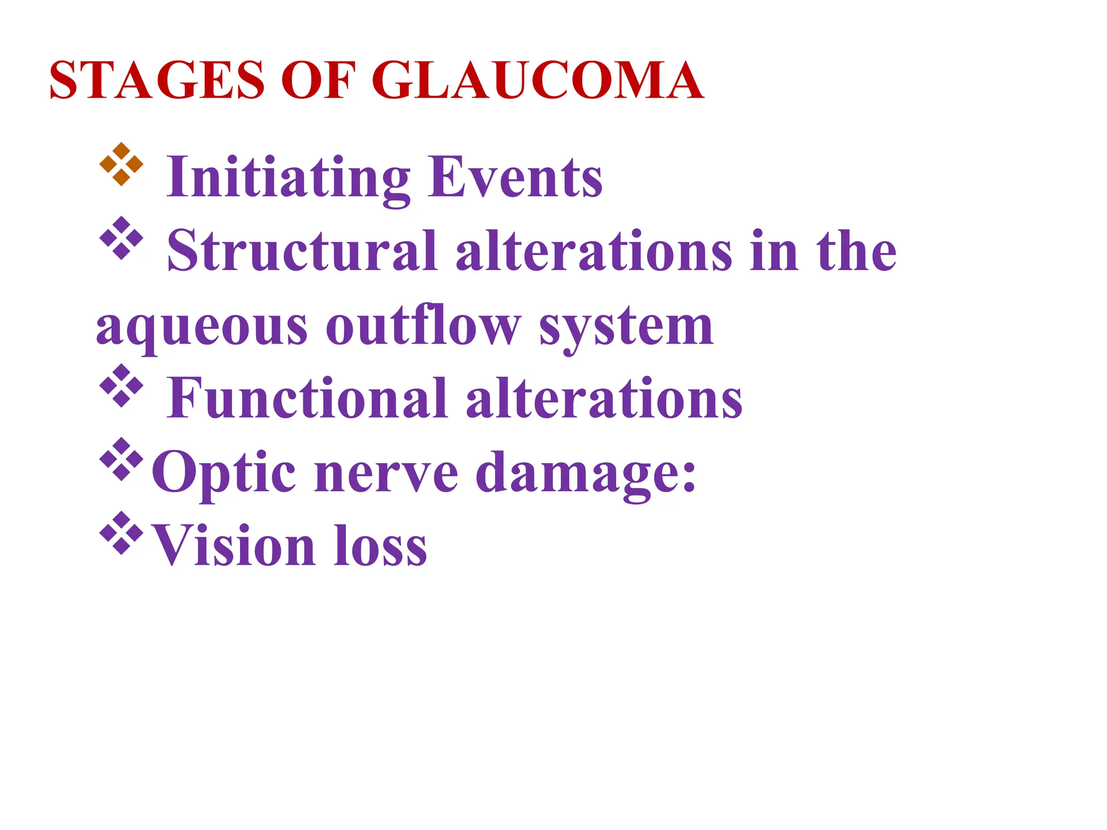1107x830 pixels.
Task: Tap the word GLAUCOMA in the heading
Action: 537,81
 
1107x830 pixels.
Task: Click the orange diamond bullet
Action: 122,164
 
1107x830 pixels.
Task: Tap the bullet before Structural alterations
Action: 122,238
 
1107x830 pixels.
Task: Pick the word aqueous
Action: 201,326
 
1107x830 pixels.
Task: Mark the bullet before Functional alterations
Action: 122,385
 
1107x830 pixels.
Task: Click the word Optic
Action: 223,473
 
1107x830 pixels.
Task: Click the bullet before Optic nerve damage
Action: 122,459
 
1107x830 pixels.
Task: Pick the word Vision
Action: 233,546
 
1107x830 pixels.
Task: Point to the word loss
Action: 381,546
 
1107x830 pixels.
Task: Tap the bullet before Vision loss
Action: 122,533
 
